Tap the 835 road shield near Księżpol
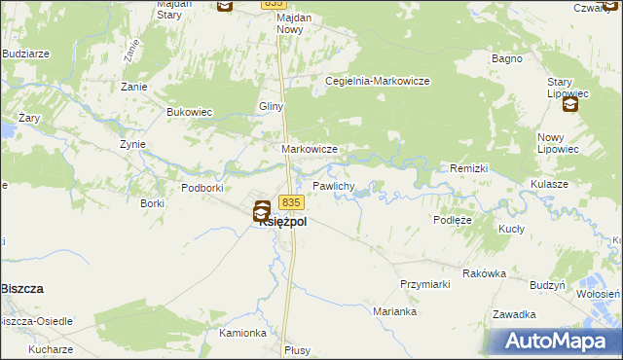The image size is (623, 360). tap(292, 202)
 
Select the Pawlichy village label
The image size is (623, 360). tap(333, 185)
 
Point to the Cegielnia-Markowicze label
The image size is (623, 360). tap(378, 82)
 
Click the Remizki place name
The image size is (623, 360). tap(468, 168)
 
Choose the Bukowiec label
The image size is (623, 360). tap(190, 112)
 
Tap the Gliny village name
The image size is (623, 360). tap(270, 106)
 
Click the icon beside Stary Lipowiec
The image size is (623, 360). tap(570, 105)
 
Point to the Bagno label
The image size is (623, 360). tap(508, 59)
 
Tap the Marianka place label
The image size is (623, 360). tap(395, 312)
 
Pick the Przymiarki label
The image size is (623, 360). tap(424, 284)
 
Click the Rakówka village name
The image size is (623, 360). tap(485, 273)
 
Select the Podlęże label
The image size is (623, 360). tap(453, 221)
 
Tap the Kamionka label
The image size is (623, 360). tap(243, 333)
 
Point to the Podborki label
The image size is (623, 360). tap(202, 187)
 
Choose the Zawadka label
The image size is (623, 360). tap(515, 314)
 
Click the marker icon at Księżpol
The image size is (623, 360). tap(262, 209)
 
